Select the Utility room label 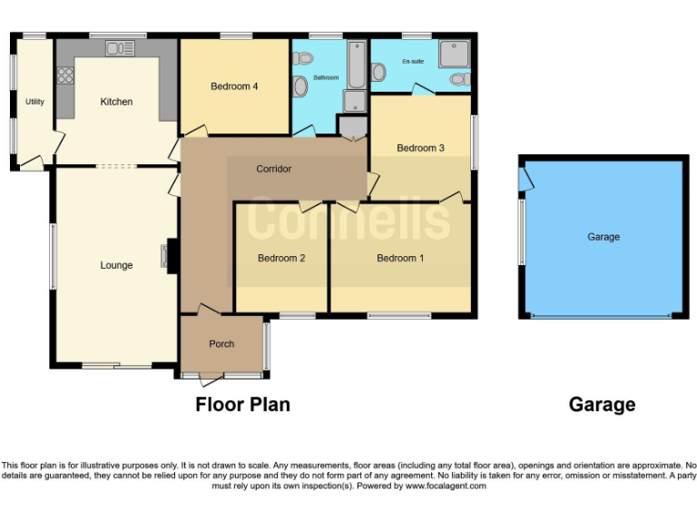tap(34, 102)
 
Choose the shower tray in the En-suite tap(452, 54)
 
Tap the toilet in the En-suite tap(459, 80)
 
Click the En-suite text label tap(413, 63)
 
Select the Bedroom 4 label tap(235, 86)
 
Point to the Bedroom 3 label tap(420, 148)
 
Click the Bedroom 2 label tap(281, 258)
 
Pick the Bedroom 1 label tap(400, 258)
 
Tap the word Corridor tap(273, 169)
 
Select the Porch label tap(221, 343)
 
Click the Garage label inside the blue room tap(604, 237)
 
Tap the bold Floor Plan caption tap(243, 405)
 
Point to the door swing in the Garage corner tap(526, 180)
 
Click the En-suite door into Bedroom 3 tap(419, 90)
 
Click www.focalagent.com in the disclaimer tap(446, 486)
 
